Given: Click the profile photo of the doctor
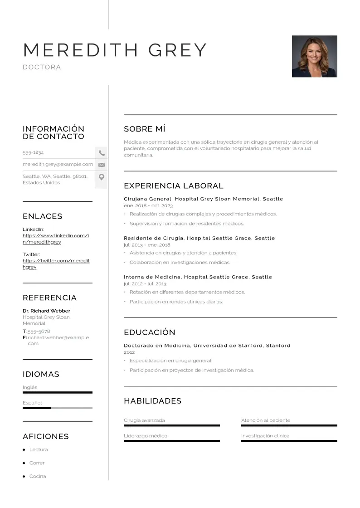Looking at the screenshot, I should coord(314,56).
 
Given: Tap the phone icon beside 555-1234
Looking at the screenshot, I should coord(102,153).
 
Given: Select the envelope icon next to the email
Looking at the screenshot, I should coord(102,165).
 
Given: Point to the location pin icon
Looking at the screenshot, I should coord(102,177).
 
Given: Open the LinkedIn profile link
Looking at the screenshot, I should coord(56,239).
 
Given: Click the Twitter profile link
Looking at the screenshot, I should coord(56,264).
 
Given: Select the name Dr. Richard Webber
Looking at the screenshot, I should coord(46,311).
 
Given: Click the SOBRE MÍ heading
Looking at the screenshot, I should coord(145,129).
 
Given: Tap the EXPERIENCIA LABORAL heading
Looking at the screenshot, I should coord(174,186).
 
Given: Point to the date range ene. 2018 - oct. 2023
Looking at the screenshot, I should coord(148,205).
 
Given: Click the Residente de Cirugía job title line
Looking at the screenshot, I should coord(199,238).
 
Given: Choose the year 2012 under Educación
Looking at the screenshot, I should coord(129,352).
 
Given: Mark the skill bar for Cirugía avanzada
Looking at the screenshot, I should coord(171,425).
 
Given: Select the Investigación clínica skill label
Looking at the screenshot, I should coord(265,436).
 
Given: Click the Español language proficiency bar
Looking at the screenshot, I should coord(57,408).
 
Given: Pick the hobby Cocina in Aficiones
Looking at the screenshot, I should coord(38,476).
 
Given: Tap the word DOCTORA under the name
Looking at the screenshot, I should coord(42,67).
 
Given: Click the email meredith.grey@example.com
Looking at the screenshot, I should coord(58,164).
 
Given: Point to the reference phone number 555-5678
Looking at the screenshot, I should coord(39,332).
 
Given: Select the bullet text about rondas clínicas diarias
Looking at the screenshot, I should coord(176,302).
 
